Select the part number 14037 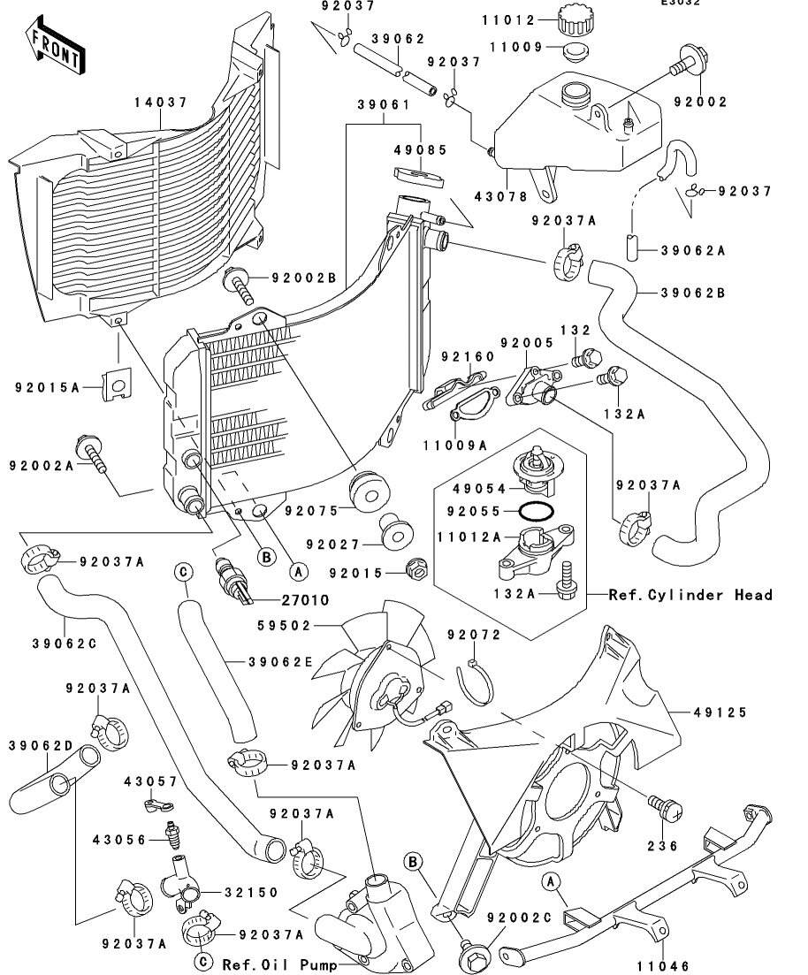pos(160,103)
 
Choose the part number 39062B pos(693,293)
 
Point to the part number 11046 pos(662,966)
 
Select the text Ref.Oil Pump pos(278,964)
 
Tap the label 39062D pos(41,745)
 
